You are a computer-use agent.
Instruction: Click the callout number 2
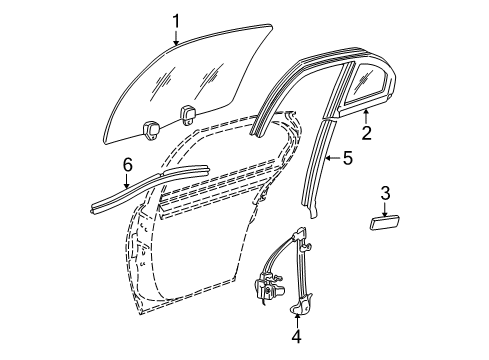[x=366, y=131]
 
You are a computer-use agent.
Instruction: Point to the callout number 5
[x=348, y=157]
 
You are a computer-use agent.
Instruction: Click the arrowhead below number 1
[x=175, y=46]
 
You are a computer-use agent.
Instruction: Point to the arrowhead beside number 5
[x=327, y=157]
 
